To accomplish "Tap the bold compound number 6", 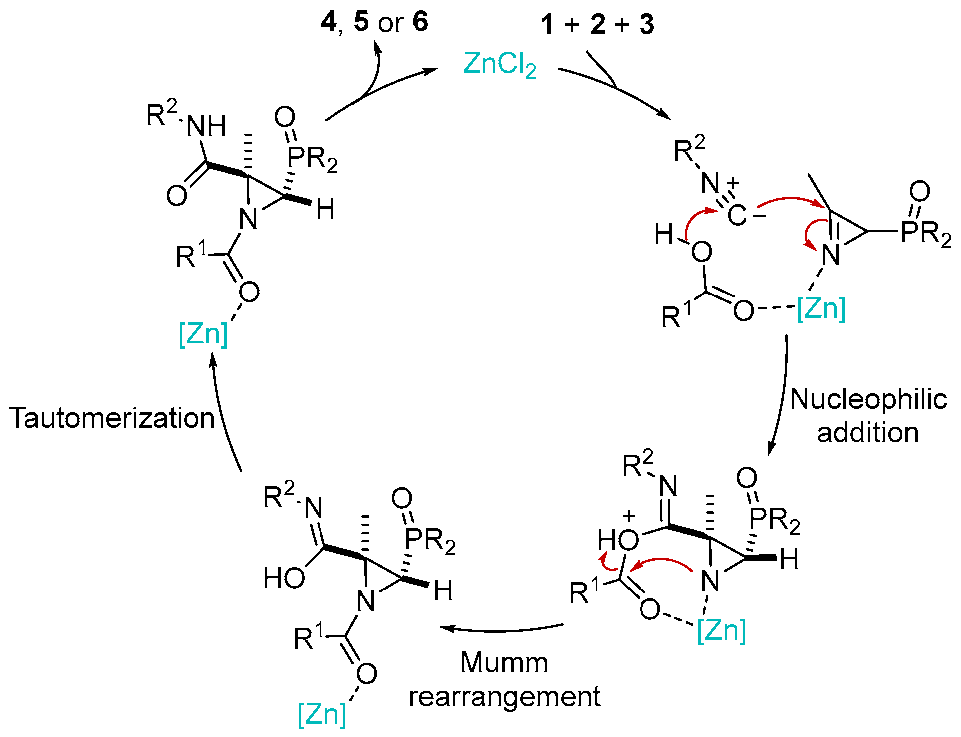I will click(x=420, y=22).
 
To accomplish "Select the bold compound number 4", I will click(x=329, y=22).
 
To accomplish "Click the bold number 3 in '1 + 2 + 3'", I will click(x=647, y=25).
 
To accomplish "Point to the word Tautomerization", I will click(x=112, y=418).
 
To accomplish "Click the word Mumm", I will click(x=503, y=663).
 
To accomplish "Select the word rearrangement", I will click(x=504, y=697).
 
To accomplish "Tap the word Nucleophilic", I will click(x=868, y=399).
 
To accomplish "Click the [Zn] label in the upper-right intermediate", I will click(x=821, y=309).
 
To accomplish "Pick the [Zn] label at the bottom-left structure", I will click(x=321, y=714).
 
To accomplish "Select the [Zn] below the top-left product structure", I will click(x=203, y=333).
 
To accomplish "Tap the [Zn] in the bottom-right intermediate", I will click(x=721, y=630).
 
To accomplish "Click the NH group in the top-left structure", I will click(x=206, y=127).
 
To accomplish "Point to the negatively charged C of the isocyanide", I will click(x=738, y=216).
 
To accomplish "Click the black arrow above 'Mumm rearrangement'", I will click(x=501, y=629).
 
